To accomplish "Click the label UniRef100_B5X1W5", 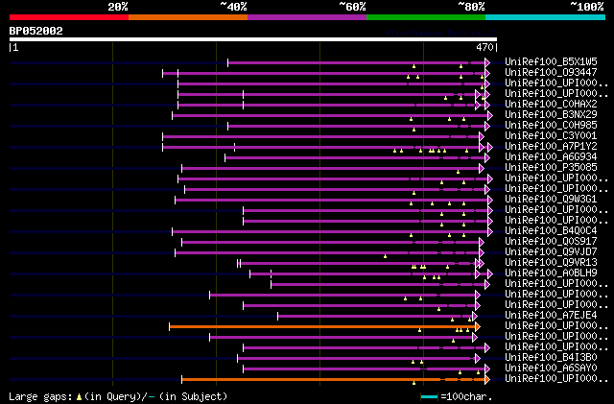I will pyautogui.click(x=550, y=61).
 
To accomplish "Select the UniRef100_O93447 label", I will pyautogui.click(x=550, y=72).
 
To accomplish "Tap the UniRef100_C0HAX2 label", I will pyautogui.click(x=550, y=104).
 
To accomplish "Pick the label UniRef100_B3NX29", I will pyautogui.click(x=550, y=114).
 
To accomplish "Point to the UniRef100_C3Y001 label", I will pyautogui.click(x=550, y=135).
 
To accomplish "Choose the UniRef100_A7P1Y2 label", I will pyautogui.click(x=550, y=146).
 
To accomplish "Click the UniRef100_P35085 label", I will pyautogui.click(x=550, y=167).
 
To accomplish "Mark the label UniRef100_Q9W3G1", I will pyautogui.click(x=550, y=199).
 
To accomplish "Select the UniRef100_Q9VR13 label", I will pyautogui.click(x=550, y=262).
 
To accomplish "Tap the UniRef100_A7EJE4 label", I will pyautogui.click(x=550, y=315).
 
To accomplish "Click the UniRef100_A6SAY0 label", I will pyautogui.click(x=550, y=368).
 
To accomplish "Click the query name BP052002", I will pyautogui.click(x=35, y=31).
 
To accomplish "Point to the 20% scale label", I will pyautogui.click(x=118, y=6).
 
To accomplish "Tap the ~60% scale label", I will pyautogui.click(x=351, y=6).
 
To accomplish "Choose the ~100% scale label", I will pyautogui.click(x=586, y=6).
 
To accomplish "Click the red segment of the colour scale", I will pyautogui.click(x=68, y=16).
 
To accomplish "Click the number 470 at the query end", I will pyautogui.click(x=484, y=46).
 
